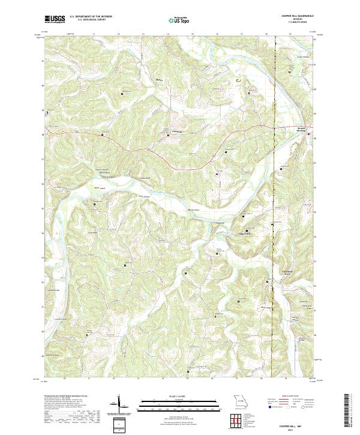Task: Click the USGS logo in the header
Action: pyautogui.click(x=55, y=19)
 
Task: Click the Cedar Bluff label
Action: pyautogui.click(x=145, y=178)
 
